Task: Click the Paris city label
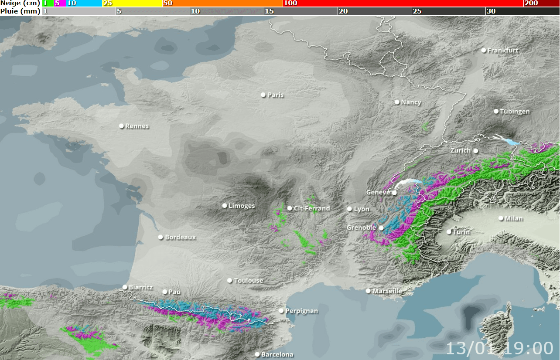276,95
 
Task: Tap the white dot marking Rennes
122,126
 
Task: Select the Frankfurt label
503,51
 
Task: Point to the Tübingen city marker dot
496,111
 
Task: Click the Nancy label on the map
411,102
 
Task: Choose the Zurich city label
461,150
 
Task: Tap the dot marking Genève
394,193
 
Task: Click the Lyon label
362,209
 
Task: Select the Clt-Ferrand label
312,208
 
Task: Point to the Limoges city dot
225,206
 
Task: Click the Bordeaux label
181,238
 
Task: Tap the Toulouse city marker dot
229,281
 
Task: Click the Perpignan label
302,311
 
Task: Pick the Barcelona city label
277,355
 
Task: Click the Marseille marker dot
368,291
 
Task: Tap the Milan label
514,218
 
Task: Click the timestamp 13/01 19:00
499,349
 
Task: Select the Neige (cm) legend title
20,3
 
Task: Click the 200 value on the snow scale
531,3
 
